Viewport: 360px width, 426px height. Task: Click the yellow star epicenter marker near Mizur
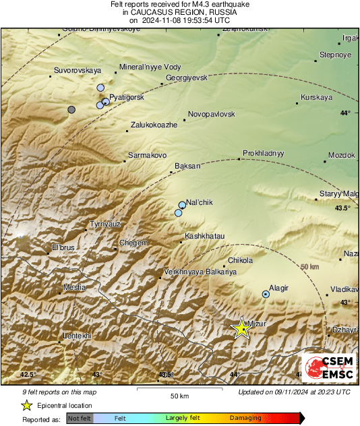pos(241,328)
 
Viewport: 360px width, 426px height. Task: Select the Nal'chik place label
pos(200,203)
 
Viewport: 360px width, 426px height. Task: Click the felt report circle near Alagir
pos(266,294)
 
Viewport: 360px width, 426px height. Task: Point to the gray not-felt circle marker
pos(71,109)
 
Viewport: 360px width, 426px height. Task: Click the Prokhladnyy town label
pos(264,153)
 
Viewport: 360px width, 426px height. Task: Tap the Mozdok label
pos(341,156)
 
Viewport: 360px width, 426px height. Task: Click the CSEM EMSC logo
pos(328,368)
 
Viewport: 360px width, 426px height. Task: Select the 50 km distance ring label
pos(309,267)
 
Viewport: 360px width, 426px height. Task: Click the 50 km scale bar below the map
pos(179,390)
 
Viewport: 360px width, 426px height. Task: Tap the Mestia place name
pos(74,288)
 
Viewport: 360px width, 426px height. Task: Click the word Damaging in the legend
pos(245,418)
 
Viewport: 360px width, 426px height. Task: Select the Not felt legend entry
pos(78,418)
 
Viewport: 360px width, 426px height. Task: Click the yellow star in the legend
pos(26,405)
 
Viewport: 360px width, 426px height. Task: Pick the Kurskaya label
pos(317,97)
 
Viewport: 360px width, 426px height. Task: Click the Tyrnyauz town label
pos(106,224)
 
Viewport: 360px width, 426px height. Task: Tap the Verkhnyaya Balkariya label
pos(199,272)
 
